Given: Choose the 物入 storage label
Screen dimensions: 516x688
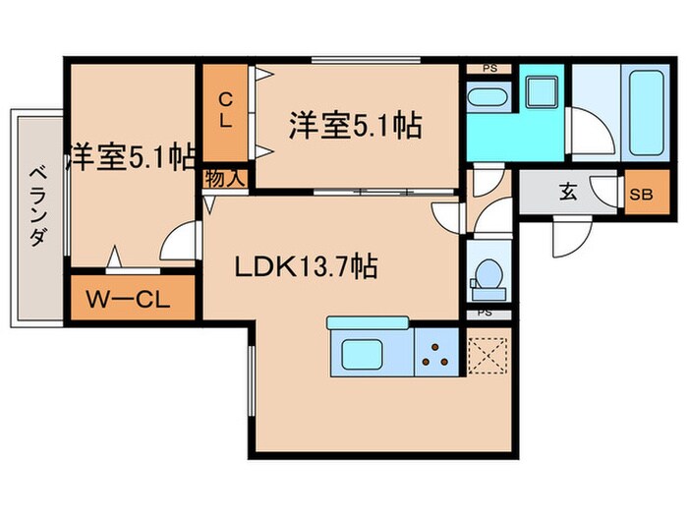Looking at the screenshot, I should pyautogui.click(x=225, y=179).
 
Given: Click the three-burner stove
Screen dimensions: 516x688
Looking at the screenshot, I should pyautogui.click(x=436, y=355).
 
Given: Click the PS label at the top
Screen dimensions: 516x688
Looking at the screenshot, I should pyautogui.click(x=488, y=68).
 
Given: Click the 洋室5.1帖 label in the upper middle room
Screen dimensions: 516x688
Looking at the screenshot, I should pyautogui.click(x=355, y=125).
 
